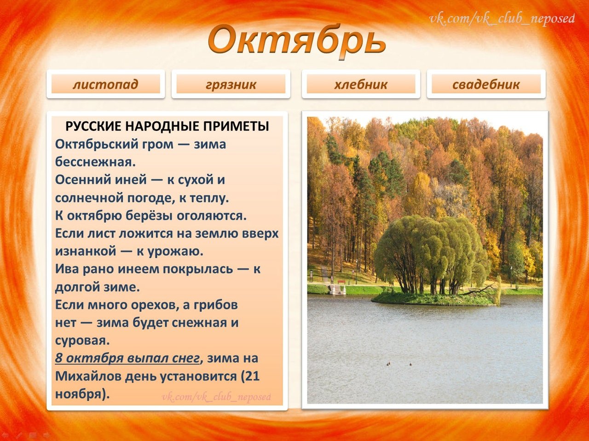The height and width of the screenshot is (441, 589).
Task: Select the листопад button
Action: (x=106, y=84)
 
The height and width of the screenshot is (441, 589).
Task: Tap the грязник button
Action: (x=231, y=84)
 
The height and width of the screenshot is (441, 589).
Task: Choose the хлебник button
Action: (x=361, y=84)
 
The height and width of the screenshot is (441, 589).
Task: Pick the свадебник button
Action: (x=486, y=84)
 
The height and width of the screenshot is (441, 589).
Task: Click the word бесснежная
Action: (x=95, y=162)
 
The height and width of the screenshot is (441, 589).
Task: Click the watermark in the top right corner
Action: (x=502, y=19)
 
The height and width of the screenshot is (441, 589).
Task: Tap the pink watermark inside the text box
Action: (x=217, y=397)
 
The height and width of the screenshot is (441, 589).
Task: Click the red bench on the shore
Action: (x=341, y=282)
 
